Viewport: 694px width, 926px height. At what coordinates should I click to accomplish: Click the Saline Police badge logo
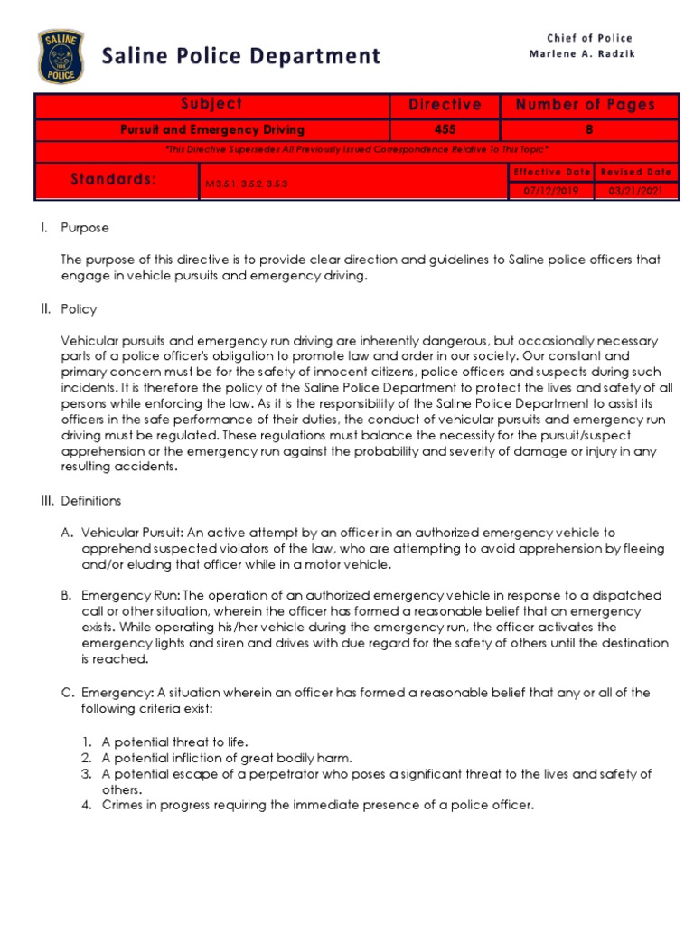point(61,56)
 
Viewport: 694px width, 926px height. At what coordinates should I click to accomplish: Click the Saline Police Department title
point(240,56)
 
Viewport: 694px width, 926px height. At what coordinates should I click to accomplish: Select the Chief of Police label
point(589,38)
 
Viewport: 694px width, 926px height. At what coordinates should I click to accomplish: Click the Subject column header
point(211,105)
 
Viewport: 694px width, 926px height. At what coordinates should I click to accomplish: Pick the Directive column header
point(445,105)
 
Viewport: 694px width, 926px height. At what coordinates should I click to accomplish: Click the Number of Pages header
point(585,105)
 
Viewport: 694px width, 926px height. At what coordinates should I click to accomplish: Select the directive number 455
point(445,130)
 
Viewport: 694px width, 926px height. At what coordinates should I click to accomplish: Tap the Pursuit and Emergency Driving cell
point(212,130)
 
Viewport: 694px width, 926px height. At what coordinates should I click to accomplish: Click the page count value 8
point(589,130)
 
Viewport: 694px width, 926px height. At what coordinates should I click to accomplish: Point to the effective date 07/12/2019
point(551,191)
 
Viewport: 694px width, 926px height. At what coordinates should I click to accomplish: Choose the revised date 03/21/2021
point(635,191)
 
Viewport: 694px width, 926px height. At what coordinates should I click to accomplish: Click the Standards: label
point(114,180)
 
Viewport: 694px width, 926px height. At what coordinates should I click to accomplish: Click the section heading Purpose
point(85,228)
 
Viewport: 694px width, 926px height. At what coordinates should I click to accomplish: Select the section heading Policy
point(79,309)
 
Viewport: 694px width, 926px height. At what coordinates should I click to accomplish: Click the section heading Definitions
point(90,500)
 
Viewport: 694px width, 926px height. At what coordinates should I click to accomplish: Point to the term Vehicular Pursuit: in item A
point(127,533)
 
